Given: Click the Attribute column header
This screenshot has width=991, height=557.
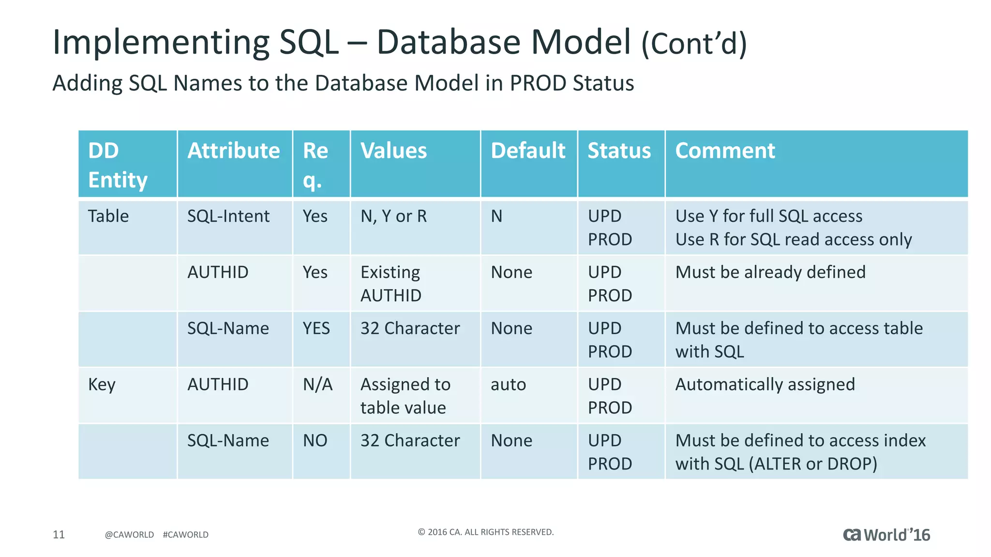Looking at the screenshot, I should point(234,151).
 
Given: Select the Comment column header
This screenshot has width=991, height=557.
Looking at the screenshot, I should point(725,151).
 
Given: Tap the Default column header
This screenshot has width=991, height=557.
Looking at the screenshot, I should point(528,151).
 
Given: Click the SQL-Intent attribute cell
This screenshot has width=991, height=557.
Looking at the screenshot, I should point(228,216).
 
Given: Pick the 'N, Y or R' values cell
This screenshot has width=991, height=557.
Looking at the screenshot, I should point(394,216).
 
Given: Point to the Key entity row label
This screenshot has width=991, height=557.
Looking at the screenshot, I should point(102,384).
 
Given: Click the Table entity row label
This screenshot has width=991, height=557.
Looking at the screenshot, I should point(108,216).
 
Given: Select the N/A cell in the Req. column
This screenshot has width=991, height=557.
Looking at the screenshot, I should point(317,384).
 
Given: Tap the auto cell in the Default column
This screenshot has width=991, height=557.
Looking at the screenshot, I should point(508,384).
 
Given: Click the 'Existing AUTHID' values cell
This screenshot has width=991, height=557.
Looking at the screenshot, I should point(391,284).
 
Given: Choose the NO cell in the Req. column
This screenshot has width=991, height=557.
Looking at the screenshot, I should point(315,440).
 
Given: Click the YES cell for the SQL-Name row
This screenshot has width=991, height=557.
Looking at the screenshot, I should point(316,328).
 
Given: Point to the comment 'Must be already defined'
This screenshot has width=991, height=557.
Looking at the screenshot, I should point(770,272).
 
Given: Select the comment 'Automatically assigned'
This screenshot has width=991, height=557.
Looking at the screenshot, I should point(765,384).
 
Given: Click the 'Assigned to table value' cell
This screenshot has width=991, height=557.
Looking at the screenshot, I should point(405,396).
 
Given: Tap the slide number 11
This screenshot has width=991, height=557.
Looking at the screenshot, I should point(59,534).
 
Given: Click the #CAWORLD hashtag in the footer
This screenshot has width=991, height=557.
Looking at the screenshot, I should point(186,535).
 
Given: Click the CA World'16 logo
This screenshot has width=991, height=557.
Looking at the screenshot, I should point(886,535).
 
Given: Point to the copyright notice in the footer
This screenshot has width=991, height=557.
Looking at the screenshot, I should point(485,532).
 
